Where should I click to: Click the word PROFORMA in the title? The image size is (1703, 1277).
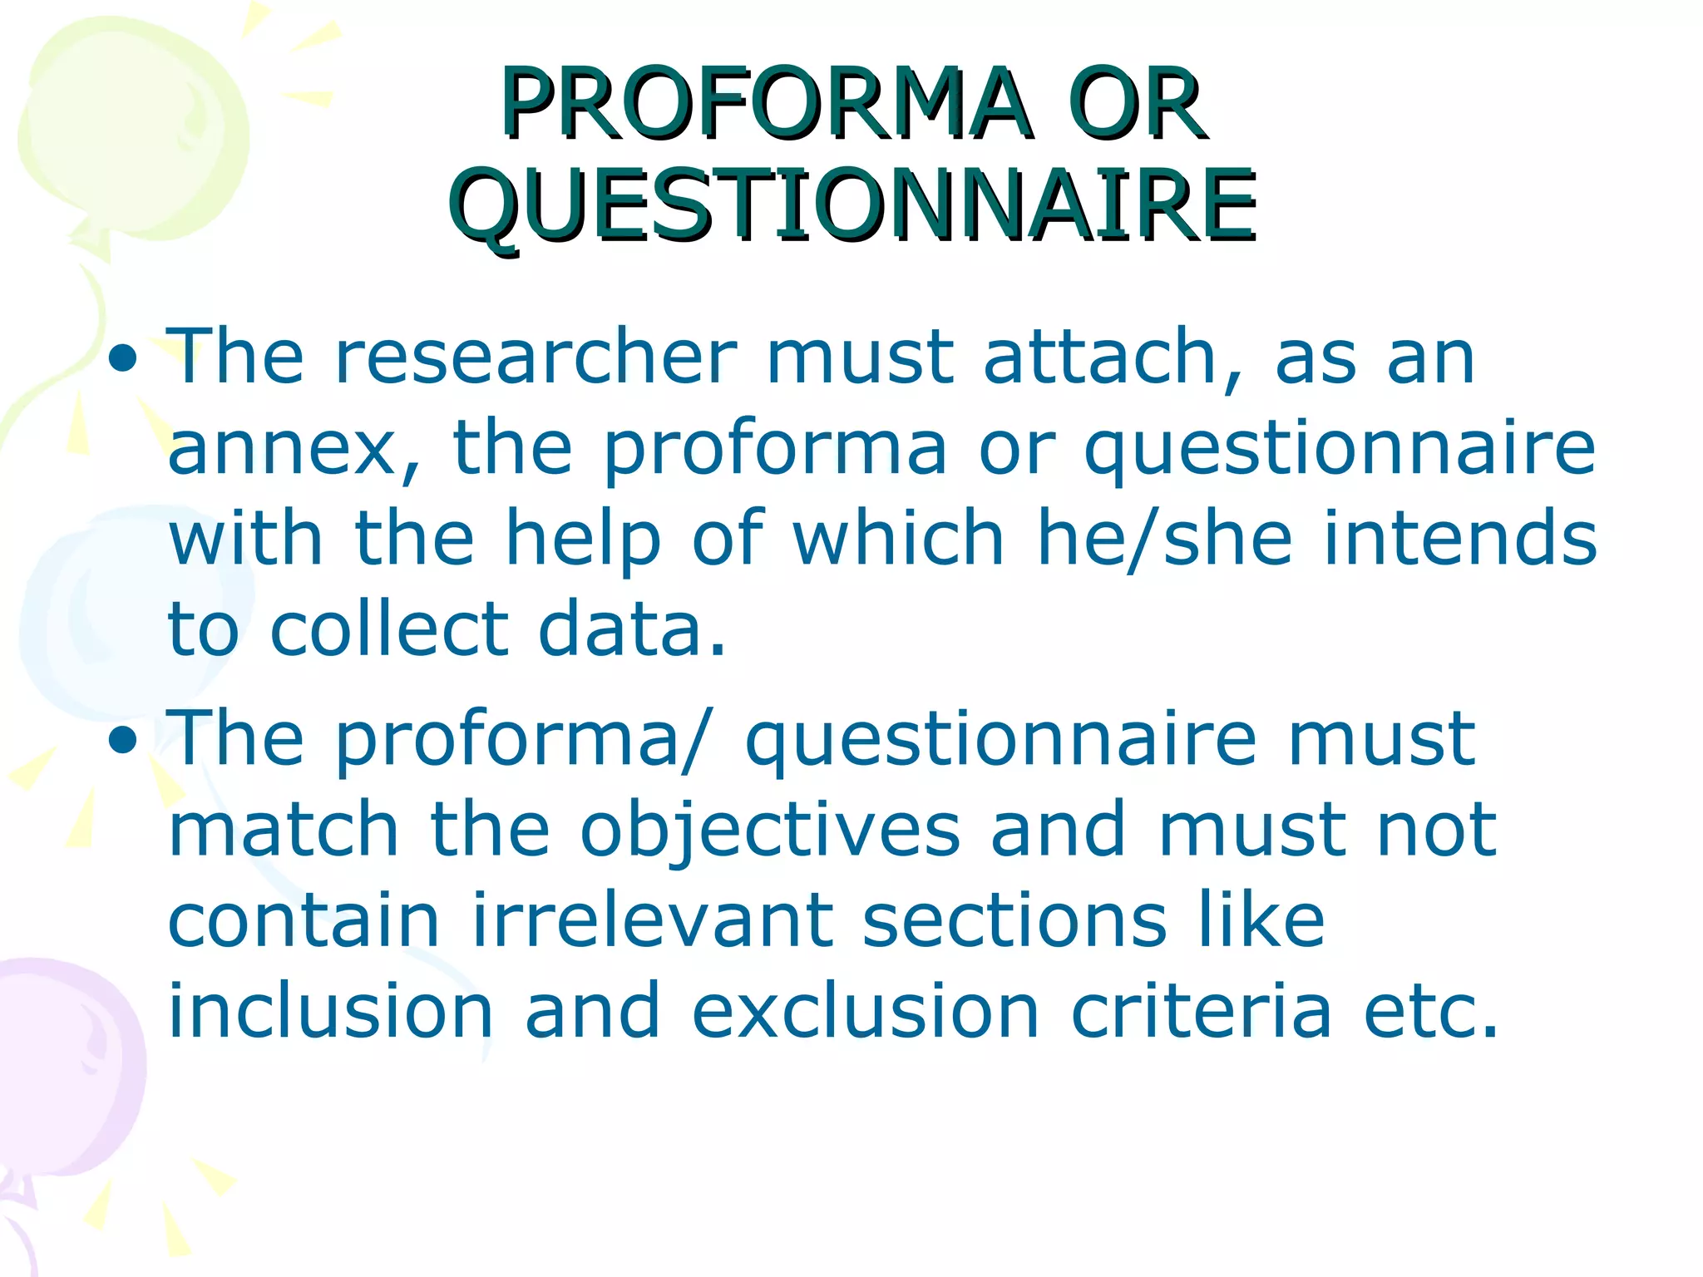765,104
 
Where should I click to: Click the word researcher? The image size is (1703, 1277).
536,357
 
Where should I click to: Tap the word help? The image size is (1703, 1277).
583,540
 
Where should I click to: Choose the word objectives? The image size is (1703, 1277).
770,831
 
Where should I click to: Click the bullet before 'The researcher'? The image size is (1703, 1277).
123,359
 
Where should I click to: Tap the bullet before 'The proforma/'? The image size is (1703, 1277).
123,740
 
